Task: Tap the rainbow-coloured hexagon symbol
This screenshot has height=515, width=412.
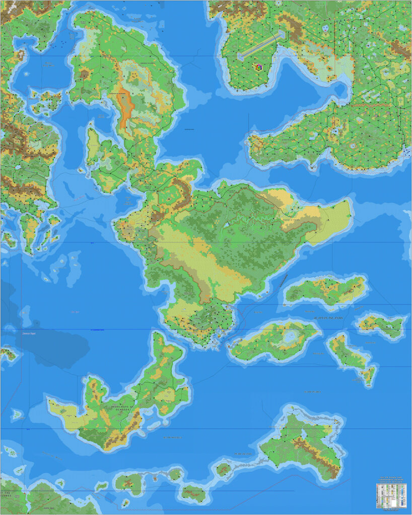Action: point(258,67)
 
